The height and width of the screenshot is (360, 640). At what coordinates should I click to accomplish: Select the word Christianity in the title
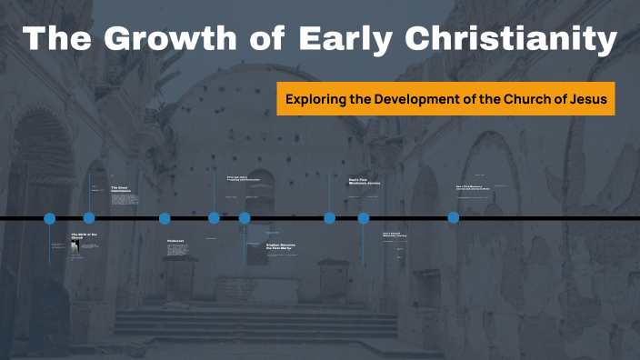coord(510,41)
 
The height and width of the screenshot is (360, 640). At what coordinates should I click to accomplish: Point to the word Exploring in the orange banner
coord(315,98)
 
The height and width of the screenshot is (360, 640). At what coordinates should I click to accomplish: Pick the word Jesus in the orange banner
coord(587,98)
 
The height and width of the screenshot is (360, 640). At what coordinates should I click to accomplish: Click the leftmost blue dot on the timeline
coord(50,218)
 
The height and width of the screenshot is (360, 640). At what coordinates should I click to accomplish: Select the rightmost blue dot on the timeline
coord(454,218)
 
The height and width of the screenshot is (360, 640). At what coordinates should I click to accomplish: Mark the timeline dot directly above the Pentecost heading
coord(165,218)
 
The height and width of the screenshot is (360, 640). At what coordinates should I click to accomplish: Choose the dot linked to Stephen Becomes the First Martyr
coord(245,218)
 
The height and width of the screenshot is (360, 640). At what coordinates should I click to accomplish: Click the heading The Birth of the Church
coord(83,236)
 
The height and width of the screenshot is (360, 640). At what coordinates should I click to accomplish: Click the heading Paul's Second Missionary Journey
coord(394,235)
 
